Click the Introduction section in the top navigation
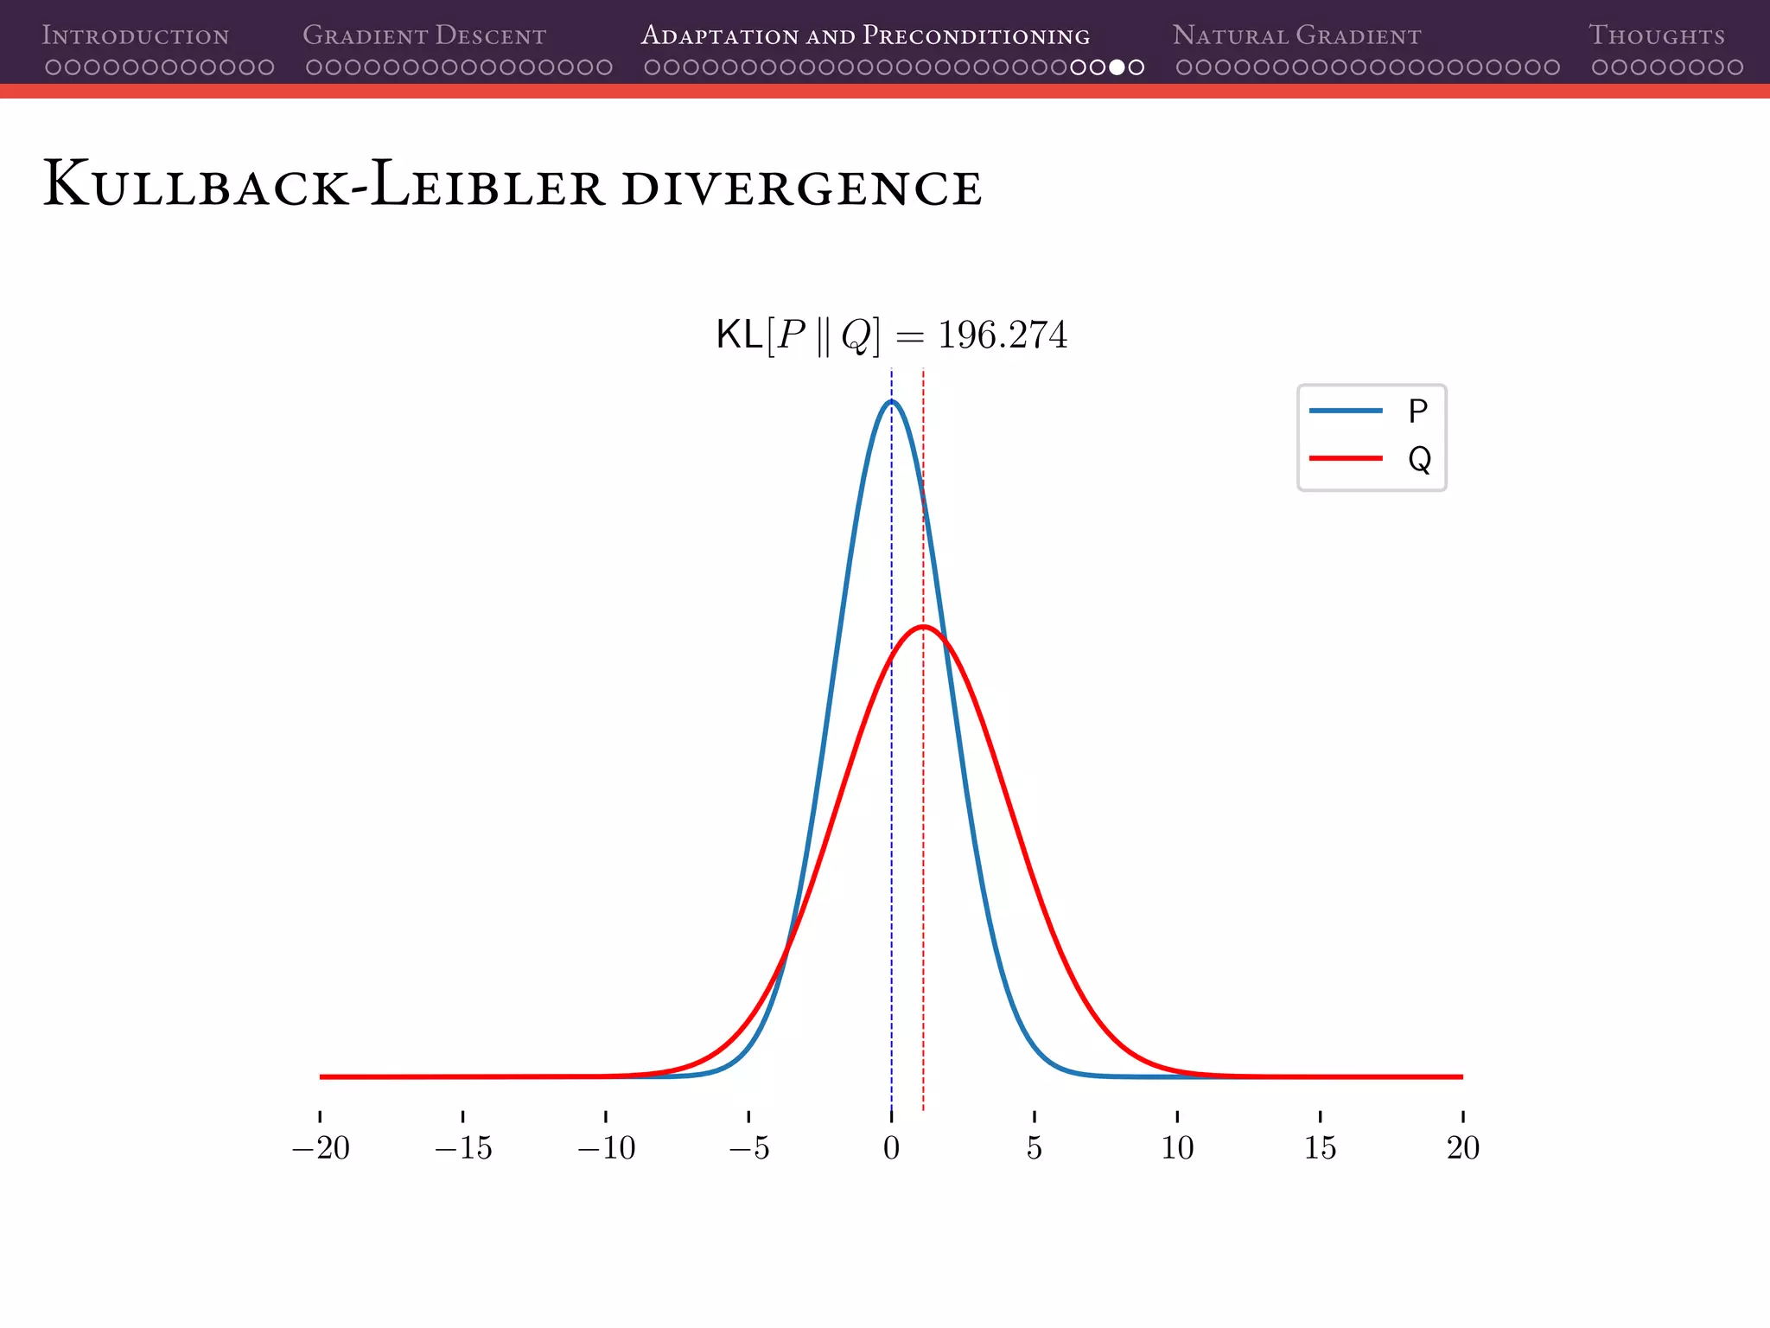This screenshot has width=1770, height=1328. [x=136, y=35]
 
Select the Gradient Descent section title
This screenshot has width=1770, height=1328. [x=423, y=35]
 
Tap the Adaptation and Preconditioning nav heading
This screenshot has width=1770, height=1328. [x=865, y=35]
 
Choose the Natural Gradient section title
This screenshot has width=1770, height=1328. [x=1296, y=35]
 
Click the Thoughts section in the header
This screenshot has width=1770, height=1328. [x=1656, y=35]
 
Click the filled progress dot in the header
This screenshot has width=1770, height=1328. [x=1117, y=67]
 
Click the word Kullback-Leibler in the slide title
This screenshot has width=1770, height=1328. [x=324, y=184]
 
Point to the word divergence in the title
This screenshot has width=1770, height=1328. [x=801, y=188]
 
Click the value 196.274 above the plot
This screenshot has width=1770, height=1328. [x=1003, y=335]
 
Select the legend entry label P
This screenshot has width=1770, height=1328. [x=1417, y=412]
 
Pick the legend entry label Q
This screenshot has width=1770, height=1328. [x=1419, y=459]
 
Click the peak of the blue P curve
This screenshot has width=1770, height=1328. [x=892, y=401]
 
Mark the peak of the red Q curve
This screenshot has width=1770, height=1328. [x=923, y=626]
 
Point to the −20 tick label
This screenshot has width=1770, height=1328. [x=321, y=1148]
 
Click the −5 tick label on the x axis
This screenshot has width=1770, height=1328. [x=748, y=1148]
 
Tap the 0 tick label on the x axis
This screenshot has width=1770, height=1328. [x=891, y=1148]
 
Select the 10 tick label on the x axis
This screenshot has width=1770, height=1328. [x=1177, y=1148]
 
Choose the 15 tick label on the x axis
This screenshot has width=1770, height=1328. [x=1320, y=1148]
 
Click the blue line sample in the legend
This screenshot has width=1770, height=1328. [x=1346, y=411]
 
